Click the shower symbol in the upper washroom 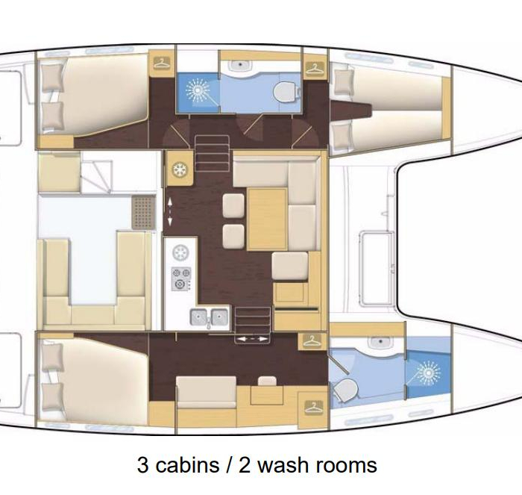point(198,90)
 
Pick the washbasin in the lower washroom point(380,343)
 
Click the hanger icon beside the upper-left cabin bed point(162,63)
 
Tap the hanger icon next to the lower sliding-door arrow point(312,341)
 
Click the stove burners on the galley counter point(181,278)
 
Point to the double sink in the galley point(210,317)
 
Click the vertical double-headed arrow point(170,212)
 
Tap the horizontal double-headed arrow point(253,339)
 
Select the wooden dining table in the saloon point(267,219)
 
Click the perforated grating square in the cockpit point(143,212)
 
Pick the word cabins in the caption point(186,464)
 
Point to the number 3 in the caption point(142,465)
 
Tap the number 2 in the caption point(245,465)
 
